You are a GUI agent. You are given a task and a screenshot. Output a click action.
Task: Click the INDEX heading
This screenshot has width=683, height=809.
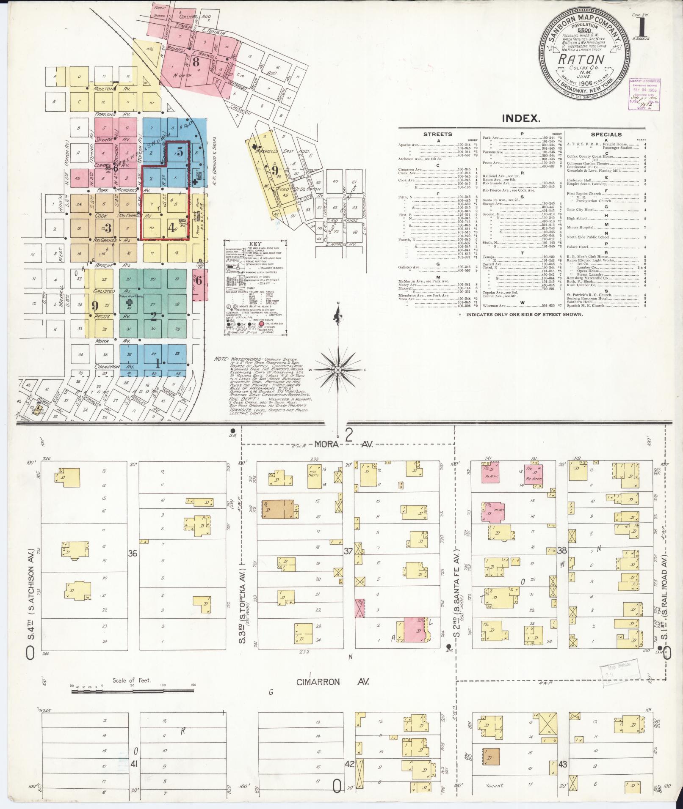tap(521, 118)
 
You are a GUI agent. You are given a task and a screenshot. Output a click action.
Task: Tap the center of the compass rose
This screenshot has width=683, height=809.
tap(338, 370)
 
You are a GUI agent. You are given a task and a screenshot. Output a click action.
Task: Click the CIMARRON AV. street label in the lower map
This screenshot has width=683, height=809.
tap(333, 682)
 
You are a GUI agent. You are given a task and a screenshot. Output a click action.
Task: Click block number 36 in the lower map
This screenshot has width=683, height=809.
tap(133, 553)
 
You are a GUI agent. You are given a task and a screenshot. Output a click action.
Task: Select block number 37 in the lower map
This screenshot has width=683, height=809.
tap(348, 551)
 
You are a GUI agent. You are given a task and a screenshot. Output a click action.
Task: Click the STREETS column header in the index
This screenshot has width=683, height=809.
tap(438, 134)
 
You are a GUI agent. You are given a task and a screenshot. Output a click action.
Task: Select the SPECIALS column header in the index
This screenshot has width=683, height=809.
tap(606, 134)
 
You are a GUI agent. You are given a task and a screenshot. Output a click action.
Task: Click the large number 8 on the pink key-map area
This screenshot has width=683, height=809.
tap(195, 62)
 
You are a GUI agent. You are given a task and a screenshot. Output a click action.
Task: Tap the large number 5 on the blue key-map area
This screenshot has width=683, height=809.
tap(180, 152)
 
